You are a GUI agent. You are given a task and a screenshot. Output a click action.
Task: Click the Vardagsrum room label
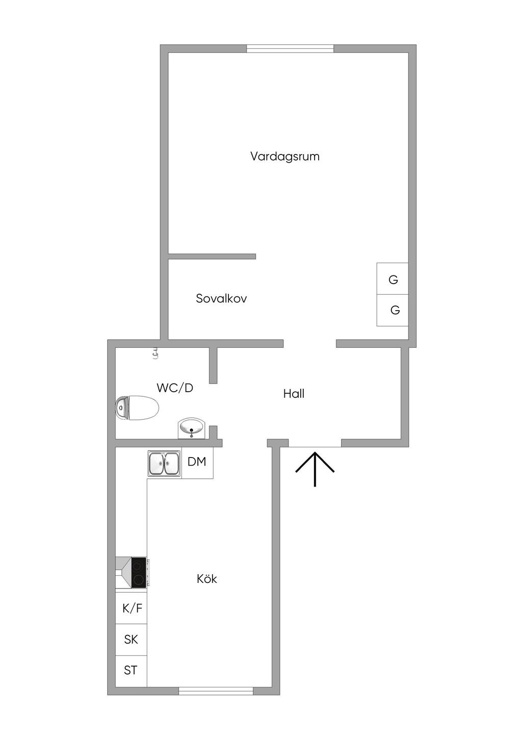click(284, 156)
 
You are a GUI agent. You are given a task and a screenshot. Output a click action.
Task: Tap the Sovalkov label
click(221, 298)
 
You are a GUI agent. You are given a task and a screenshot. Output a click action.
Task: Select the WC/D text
click(175, 388)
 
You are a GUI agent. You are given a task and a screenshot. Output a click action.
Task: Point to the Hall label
click(294, 394)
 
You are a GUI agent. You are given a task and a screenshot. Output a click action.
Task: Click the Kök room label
click(207, 579)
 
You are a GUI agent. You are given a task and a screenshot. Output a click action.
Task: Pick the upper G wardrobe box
click(393, 279)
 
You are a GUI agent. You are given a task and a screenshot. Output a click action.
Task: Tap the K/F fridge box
click(132, 608)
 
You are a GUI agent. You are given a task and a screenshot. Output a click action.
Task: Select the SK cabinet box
click(131, 640)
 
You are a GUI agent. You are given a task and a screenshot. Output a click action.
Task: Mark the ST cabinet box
click(131, 670)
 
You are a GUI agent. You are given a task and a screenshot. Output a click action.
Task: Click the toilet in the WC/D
click(138, 409)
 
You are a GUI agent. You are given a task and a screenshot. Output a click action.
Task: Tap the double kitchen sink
click(164, 464)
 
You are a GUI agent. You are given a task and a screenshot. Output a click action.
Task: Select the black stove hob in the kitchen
click(138, 572)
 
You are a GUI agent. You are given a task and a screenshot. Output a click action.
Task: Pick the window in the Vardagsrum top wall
click(290, 48)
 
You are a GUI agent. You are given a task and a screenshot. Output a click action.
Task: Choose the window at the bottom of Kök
click(216, 691)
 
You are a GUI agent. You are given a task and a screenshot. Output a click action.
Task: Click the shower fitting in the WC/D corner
click(155, 352)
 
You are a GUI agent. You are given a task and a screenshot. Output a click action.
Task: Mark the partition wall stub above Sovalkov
click(212, 256)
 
